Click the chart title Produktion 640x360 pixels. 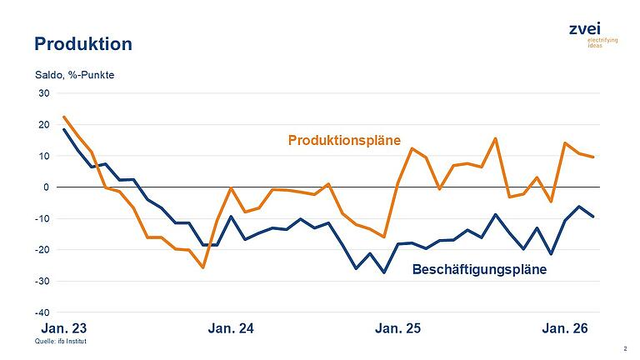[82, 43]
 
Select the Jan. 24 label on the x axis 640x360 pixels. [230, 329]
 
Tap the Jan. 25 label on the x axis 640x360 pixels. [397, 329]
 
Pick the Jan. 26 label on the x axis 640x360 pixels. [565, 329]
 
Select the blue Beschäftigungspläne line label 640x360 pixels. [479, 269]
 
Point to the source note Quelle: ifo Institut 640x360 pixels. [59, 342]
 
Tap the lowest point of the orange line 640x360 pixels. [202, 267]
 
